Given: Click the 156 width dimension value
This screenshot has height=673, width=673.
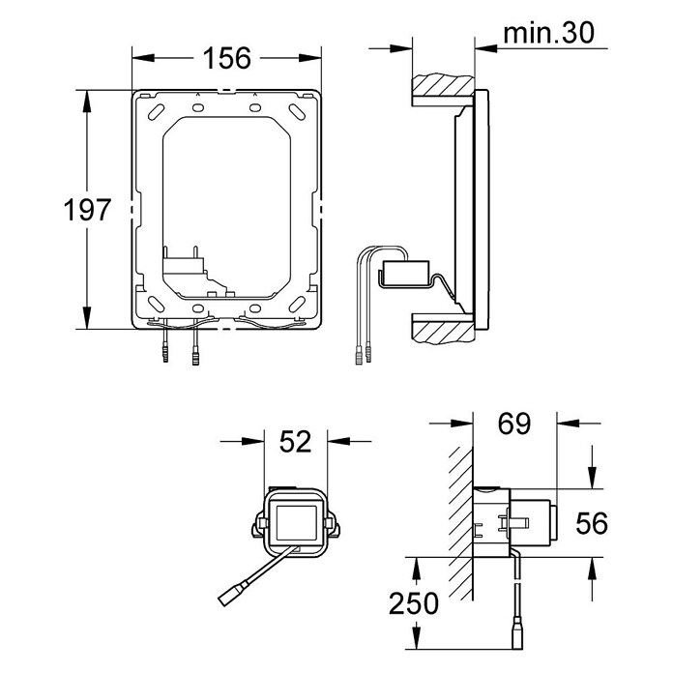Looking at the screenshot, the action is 226,58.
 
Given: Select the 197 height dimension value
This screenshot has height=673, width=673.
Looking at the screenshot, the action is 87,210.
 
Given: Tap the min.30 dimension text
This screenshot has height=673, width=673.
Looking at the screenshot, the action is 548,33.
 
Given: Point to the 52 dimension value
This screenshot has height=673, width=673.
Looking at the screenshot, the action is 295,441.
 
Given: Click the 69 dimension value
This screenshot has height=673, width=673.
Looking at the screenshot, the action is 514,424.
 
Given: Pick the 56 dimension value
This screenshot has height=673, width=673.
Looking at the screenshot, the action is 592,523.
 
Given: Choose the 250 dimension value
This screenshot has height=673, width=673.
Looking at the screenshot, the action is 414,603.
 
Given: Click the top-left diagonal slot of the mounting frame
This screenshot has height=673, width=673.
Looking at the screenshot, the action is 156,112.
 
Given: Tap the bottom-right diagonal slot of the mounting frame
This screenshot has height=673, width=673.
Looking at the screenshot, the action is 297,305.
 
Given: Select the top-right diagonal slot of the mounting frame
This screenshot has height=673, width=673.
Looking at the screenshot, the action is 297,112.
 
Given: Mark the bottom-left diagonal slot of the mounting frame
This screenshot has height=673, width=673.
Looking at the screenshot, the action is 156,304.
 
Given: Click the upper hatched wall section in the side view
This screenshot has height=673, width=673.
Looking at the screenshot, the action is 444,86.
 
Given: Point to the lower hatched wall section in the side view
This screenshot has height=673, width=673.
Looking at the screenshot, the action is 444,332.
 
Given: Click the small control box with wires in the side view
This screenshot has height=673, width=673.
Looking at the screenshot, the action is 405,272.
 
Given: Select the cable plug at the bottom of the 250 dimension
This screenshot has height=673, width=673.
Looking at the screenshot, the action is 517,638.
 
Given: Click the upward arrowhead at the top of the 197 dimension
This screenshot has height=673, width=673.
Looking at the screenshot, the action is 87,102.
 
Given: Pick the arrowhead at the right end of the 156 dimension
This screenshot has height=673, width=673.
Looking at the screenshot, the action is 309,58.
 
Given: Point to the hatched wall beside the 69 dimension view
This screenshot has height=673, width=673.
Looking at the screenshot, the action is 460,523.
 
